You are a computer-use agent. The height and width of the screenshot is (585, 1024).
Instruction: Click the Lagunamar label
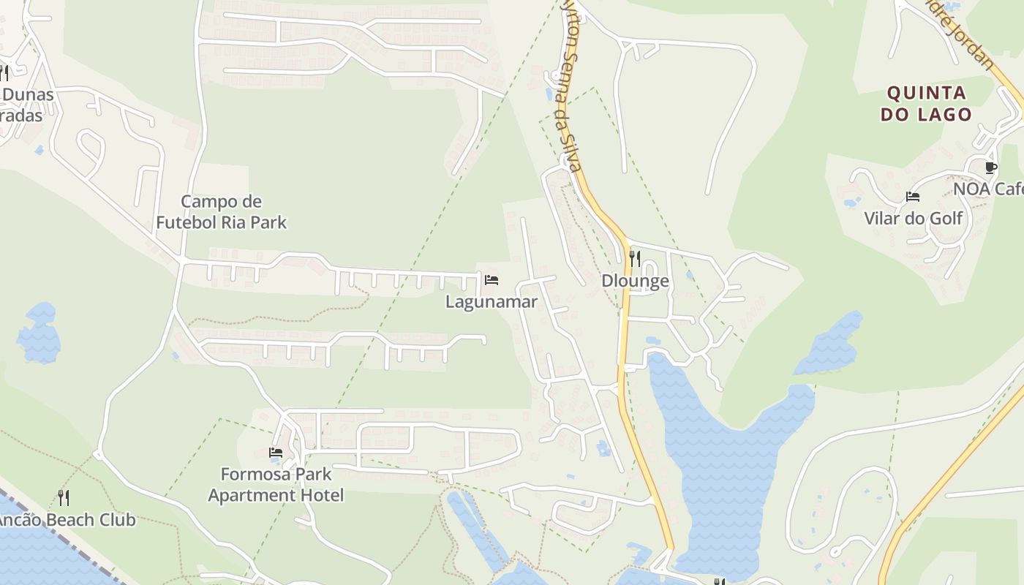click(x=491, y=301)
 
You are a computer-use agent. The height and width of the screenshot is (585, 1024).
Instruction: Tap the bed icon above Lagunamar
click(x=492, y=279)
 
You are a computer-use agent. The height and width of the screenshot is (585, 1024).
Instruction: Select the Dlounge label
click(x=635, y=281)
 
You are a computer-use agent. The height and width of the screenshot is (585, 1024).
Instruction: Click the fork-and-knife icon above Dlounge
click(x=635, y=258)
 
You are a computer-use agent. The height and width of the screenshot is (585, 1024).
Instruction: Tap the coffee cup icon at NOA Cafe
click(x=990, y=167)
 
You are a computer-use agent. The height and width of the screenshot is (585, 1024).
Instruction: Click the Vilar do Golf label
click(x=913, y=218)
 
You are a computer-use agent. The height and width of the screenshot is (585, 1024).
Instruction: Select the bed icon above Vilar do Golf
click(x=912, y=196)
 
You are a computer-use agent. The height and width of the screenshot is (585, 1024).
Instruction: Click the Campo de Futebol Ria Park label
click(x=221, y=211)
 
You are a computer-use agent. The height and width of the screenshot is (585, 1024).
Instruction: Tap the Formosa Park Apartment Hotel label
click(x=276, y=485)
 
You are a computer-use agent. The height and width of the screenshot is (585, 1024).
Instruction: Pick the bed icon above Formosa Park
click(x=276, y=453)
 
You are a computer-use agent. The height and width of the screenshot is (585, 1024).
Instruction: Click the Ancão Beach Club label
click(x=67, y=520)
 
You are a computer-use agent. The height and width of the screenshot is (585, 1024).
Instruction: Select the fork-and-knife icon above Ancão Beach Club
click(x=64, y=498)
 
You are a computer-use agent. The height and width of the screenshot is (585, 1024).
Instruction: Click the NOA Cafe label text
click(x=988, y=189)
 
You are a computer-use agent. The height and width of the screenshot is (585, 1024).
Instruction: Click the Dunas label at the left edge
click(x=28, y=94)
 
